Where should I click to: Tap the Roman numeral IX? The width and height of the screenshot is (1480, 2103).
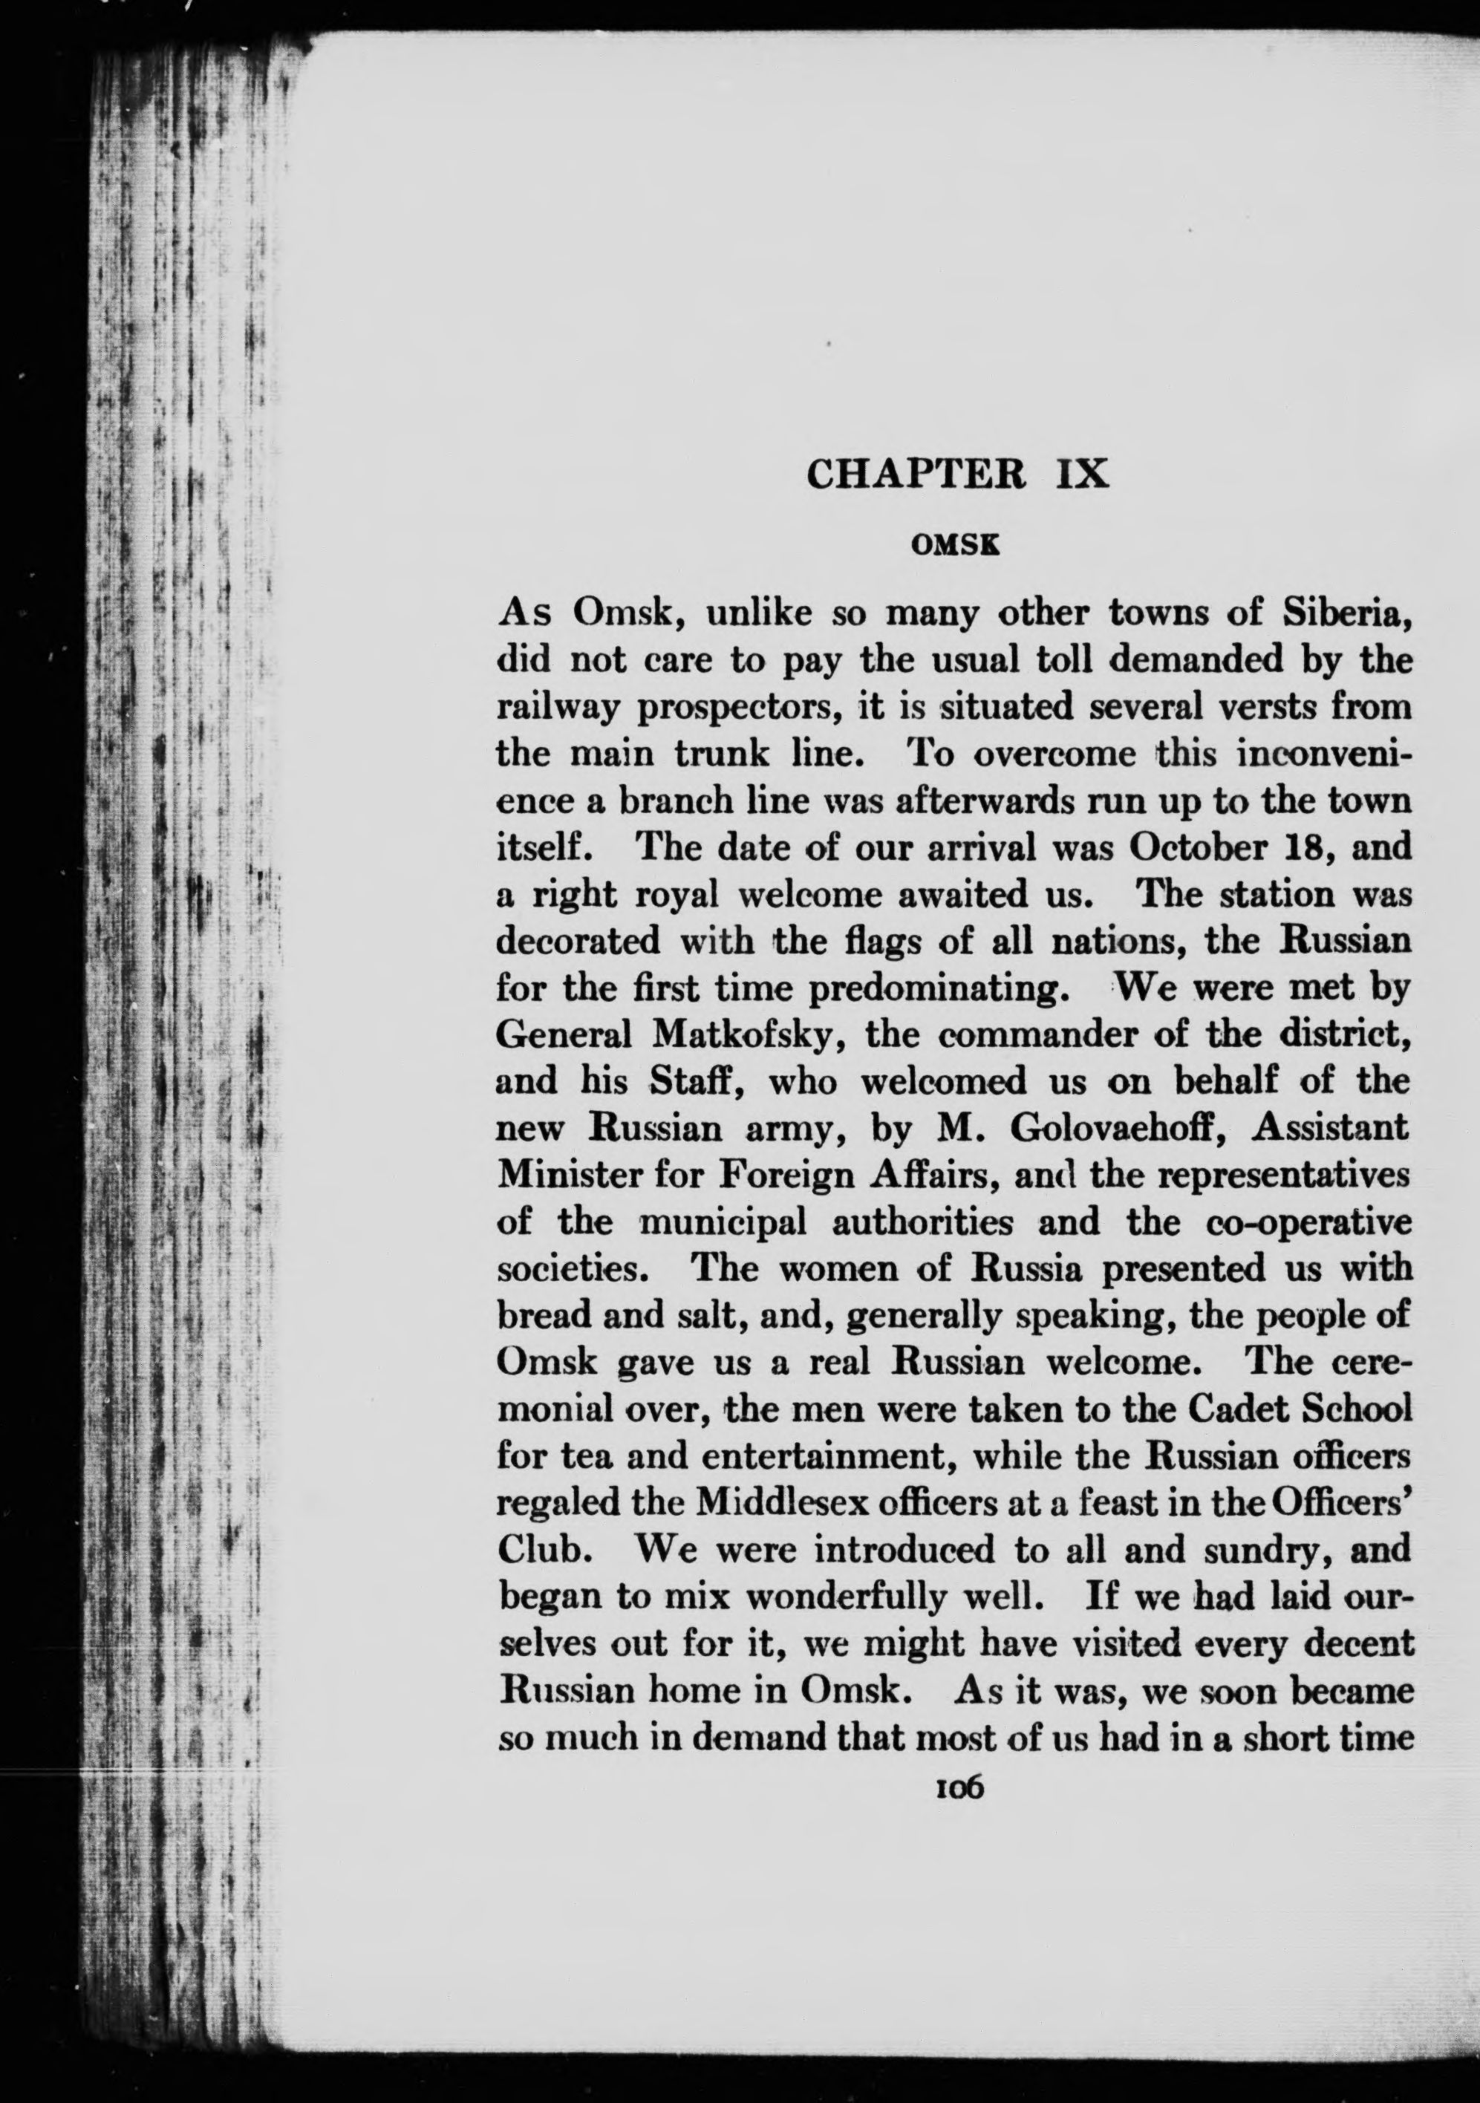pyautogui.click(x=1080, y=475)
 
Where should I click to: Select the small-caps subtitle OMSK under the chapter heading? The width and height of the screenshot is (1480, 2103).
pyautogui.click(x=953, y=546)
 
